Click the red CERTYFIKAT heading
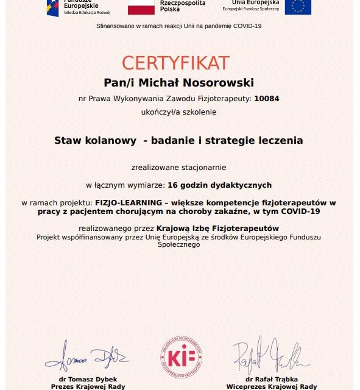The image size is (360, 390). [175, 63]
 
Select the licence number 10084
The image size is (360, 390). [267, 98]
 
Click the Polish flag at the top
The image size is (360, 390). [141, 7]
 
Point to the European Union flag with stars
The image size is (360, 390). [298, 6]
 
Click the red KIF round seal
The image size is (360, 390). [181, 356]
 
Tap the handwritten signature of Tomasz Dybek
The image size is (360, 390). [86, 354]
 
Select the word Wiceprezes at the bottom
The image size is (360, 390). [247, 386]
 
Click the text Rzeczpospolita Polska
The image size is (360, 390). [182, 7]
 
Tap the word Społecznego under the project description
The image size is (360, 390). [178, 244]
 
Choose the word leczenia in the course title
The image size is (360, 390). [280, 140]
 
